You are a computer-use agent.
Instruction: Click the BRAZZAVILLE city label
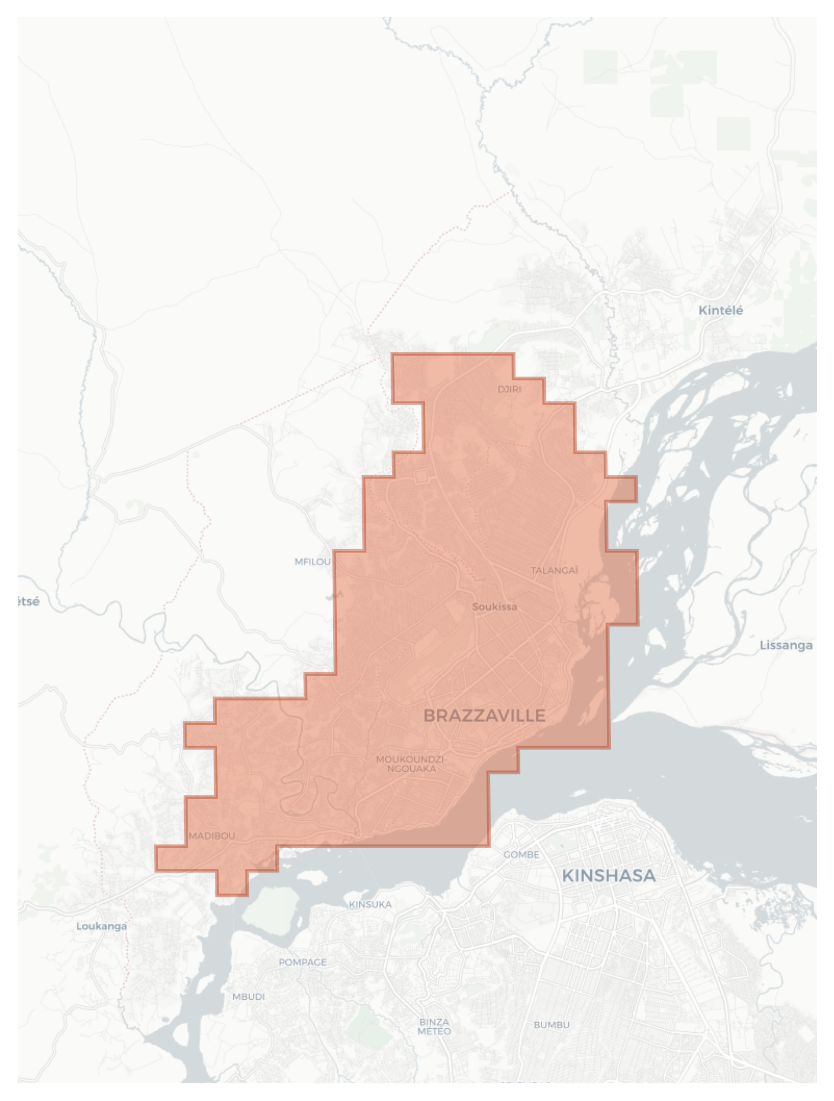pyautogui.click(x=484, y=715)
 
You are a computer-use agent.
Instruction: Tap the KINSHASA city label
pyautogui.click(x=608, y=875)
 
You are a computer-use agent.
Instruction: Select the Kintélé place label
pyautogui.click(x=720, y=310)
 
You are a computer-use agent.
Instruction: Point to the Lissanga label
pyautogui.click(x=785, y=645)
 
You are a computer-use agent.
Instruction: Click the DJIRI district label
pyautogui.click(x=509, y=389)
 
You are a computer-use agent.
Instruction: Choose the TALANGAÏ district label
pyautogui.click(x=554, y=570)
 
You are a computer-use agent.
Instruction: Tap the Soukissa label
pyautogui.click(x=494, y=606)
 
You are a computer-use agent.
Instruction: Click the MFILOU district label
pyautogui.click(x=313, y=561)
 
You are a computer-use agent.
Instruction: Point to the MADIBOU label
pyautogui.click(x=212, y=836)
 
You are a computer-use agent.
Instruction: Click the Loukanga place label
pyautogui.click(x=101, y=926)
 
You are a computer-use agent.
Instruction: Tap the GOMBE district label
pyautogui.click(x=521, y=855)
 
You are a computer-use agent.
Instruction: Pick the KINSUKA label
pyautogui.click(x=370, y=904)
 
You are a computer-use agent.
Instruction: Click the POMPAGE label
pyautogui.click(x=302, y=962)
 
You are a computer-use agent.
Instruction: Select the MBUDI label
pyautogui.click(x=248, y=997)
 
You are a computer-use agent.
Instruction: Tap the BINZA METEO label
pyautogui.click(x=434, y=1026)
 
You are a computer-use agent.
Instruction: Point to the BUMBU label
pyautogui.click(x=551, y=1025)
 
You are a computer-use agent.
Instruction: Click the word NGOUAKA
pyautogui.click(x=412, y=769)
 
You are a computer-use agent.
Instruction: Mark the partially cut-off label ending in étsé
pyautogui.click(x=28, y=602)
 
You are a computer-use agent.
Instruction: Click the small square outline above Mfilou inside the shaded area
pyautogui.click(x=421, y=476)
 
